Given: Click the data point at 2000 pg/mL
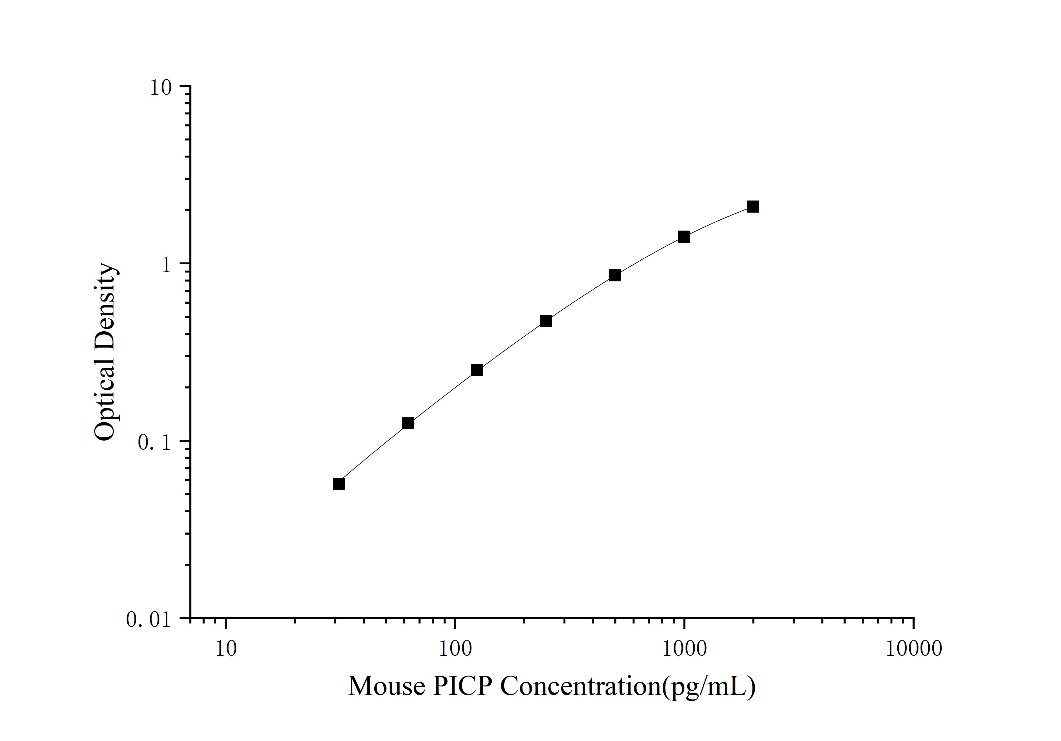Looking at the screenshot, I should (x=753, y=206).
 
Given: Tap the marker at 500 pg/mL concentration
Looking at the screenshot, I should (x=615, y=275).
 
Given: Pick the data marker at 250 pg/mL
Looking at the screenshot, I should (x=546, y=321).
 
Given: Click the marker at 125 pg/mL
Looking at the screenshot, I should (x=477, y=370).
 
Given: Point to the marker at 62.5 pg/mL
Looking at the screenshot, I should (x=408, y=423).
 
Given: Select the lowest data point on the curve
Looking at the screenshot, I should (x=339, y=484).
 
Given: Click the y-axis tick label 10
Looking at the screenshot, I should (x=160, y=87).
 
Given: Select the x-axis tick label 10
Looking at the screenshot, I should (x=226, y=649).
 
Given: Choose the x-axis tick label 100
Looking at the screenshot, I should (x=455, y=649).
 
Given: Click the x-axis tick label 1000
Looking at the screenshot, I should (x=684, y=649).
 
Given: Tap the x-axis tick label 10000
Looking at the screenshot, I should (x=913, y=649).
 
